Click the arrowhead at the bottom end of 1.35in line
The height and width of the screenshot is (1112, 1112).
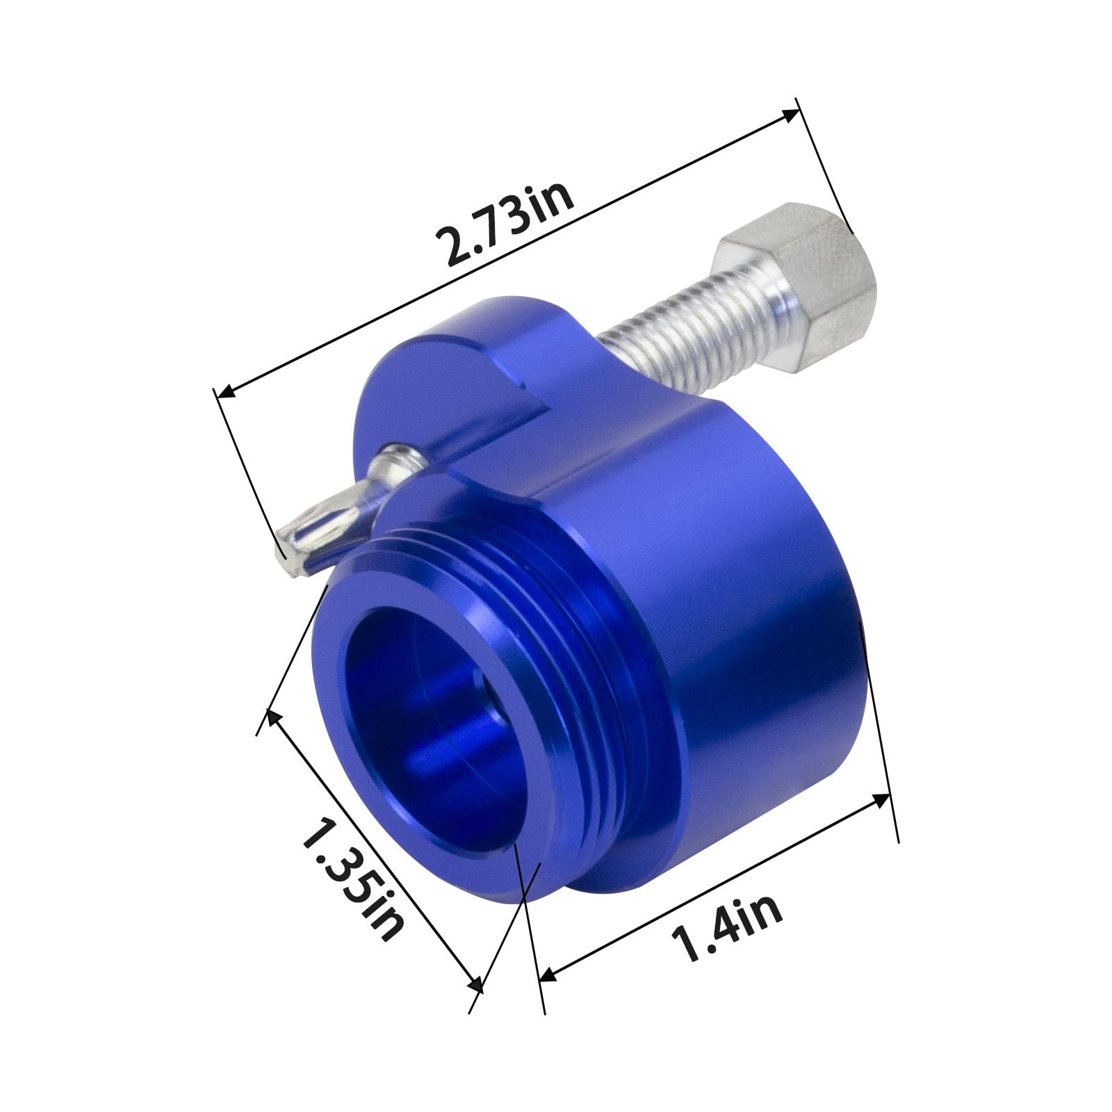pos(476,985)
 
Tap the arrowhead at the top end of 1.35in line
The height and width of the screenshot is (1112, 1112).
pos(272,717)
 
